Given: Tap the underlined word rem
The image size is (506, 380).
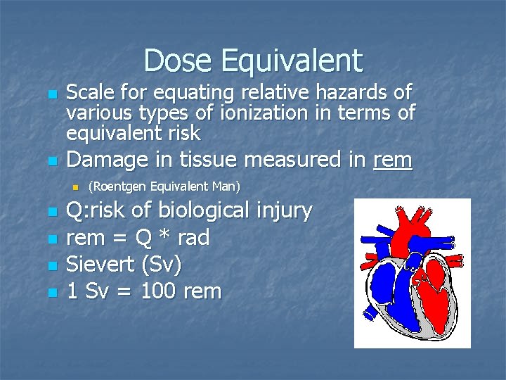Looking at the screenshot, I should click(x=393, y=160).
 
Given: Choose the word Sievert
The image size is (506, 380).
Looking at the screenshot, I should click(x=100, y=265).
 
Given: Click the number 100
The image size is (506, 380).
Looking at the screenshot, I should click(x=161, y=291).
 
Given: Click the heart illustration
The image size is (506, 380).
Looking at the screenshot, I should click(x=411, y=273).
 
